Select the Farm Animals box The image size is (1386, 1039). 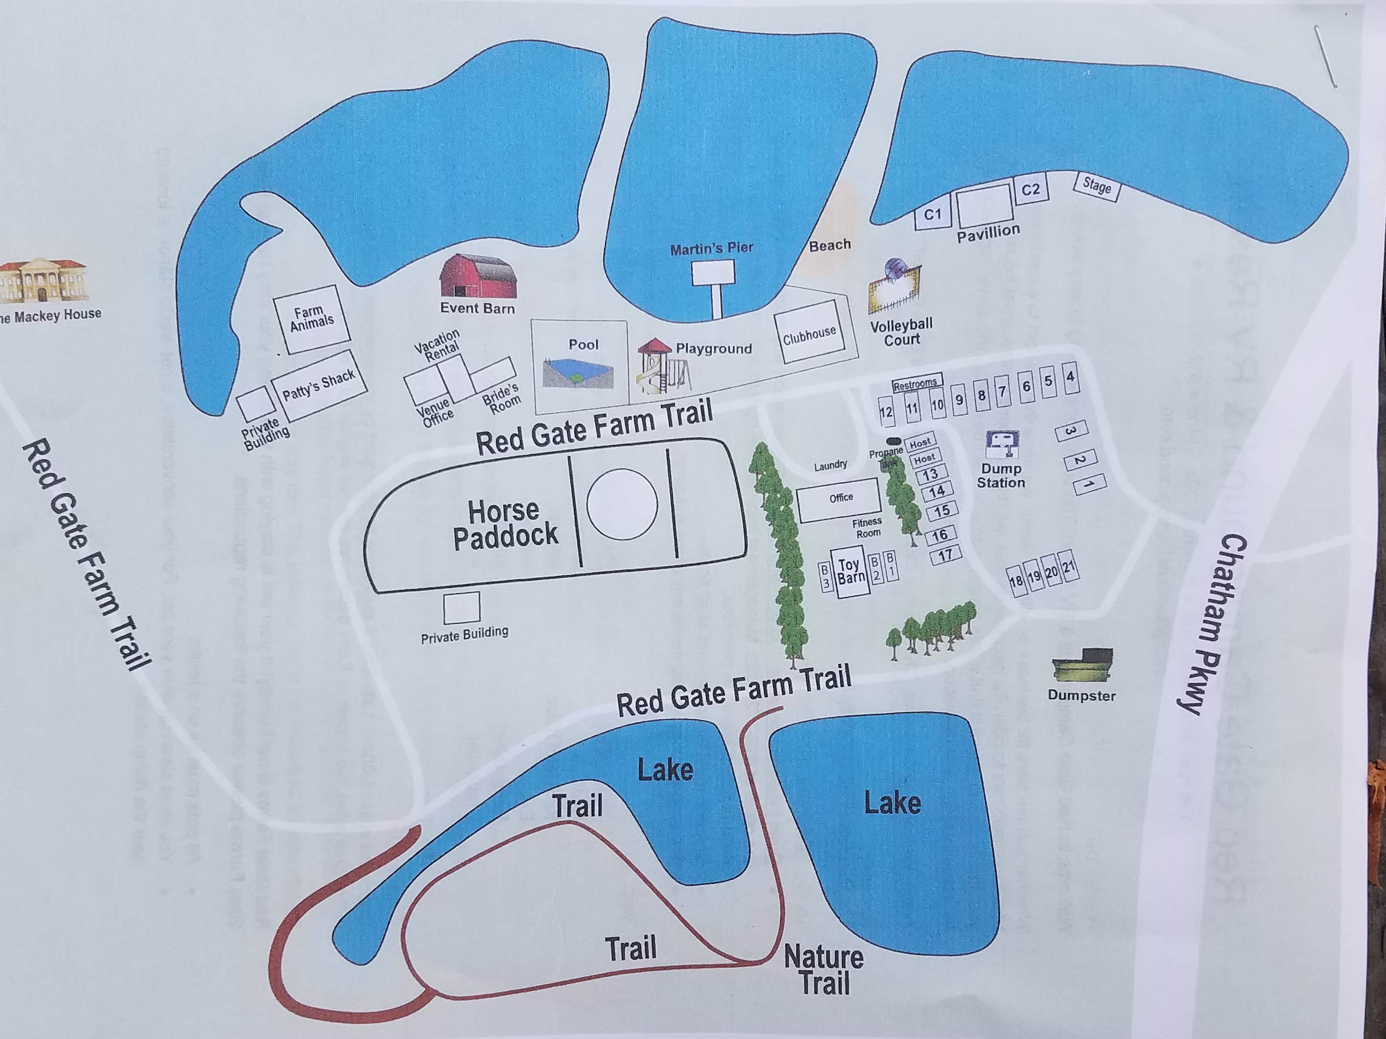(x=312, y=319)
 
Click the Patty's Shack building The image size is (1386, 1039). (x=319, y=384)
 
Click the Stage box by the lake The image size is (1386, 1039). (x=1096, y=186)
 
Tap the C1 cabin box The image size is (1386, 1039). (x=932, y=214)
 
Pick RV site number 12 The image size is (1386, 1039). (x=885, y=411)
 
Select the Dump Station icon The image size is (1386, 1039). (x=1002, y=444)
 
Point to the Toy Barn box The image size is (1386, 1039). (x=851, y=572)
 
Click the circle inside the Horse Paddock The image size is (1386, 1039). (x=622, y=504)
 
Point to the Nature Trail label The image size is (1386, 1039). (x=824, y=969)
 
